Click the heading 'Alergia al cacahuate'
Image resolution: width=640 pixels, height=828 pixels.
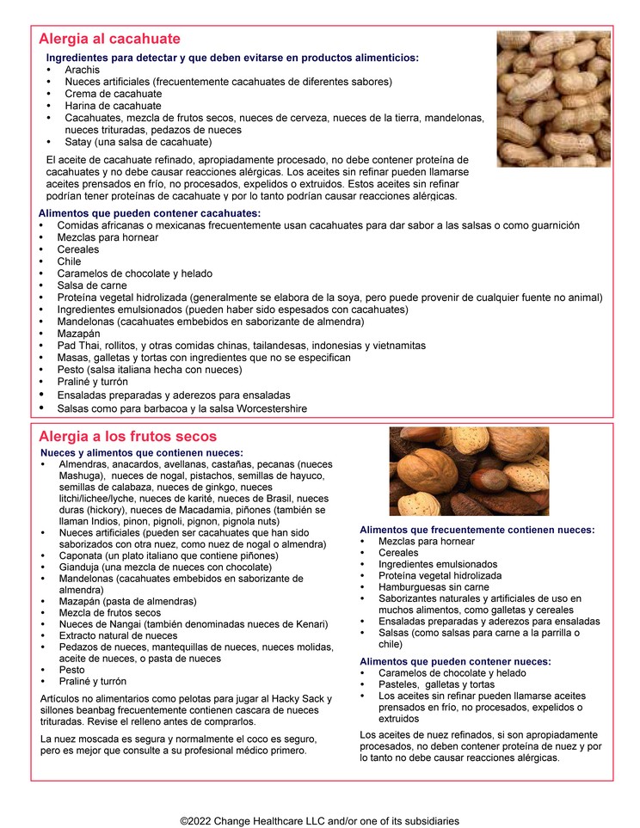(x=109, y=39)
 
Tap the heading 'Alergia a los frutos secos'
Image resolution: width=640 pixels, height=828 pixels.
(x=127, y=437)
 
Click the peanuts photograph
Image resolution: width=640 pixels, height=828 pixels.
(x=553, y=98)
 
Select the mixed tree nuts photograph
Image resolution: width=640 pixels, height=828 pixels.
(x=469, y=471)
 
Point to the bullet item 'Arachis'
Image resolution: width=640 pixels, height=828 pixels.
(x=83, y=70)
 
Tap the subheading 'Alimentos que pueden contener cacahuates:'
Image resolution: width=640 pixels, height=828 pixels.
(x=150, y=213)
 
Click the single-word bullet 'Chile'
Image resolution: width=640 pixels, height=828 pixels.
(x=70, y=261)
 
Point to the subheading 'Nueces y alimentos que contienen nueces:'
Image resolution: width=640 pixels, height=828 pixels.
(x=142, y=453)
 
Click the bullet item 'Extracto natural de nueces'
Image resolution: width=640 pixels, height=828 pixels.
(x=119, y=635)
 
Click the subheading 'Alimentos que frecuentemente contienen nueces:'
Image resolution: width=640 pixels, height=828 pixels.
(x=477, y=531)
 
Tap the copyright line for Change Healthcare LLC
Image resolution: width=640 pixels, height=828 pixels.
(x=319, y=821)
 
